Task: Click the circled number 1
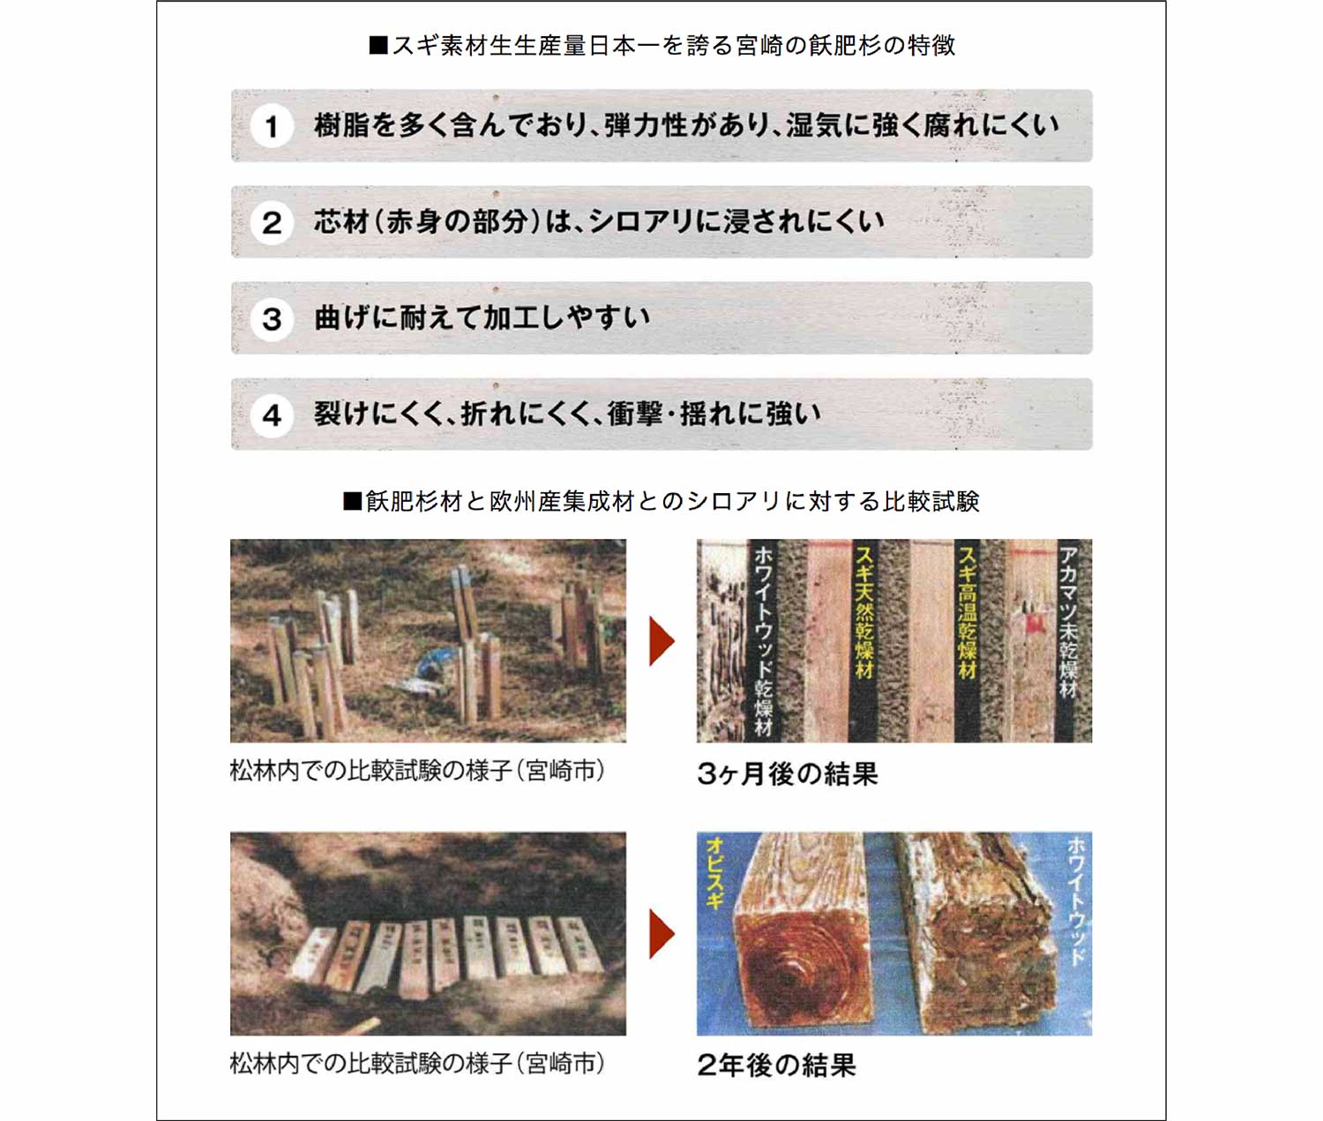pyautogui.click(x=272, y=126)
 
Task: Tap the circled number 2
pyautogui.click(x=272, y=223)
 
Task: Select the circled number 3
pyautogui.click(x=272, y=318)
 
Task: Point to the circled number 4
pyautogui.click(x=272, y=415)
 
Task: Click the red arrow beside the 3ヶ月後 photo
pyautogui.click(x=661, y=641)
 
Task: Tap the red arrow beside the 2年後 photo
pyautogui.click(x=661, y=934)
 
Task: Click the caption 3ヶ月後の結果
pyautogui.click(x=788, y=774)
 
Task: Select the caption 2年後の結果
pyautogui.click(x=776, y=1065)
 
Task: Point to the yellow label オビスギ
pyautogui.click(x=714, y=874)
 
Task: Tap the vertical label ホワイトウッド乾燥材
pyautogui.click(x=763, y=641)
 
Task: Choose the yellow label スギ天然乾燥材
pyautogui.click(x=864, y=611)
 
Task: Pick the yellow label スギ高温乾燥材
pyautogui.click(x=967, y=611)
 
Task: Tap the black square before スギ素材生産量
pyautogui.click(x=378, y=46)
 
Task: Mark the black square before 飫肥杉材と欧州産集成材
pyautogui.click(x=353, y=501)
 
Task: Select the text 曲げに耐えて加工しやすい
pyautogui.click(x=482, y=318)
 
